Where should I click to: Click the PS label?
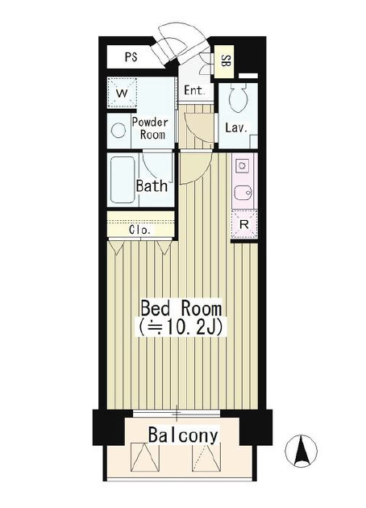[131, 57]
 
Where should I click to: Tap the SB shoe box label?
[224, 61]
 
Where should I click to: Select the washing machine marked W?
[122, 93]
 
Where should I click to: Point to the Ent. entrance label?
[194, 90]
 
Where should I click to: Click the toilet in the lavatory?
[238, 98]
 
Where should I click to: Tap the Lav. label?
[236, 127]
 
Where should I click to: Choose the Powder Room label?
[151, 128]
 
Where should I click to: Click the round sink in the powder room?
[119, 131]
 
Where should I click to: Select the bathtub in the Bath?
[123, 180]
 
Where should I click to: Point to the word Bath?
[152, 186]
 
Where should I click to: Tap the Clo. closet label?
[140, 230]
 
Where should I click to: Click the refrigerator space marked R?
[244, 224]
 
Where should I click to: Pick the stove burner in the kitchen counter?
[242, 167]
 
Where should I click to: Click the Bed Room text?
[181, 308]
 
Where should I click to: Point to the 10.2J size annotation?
[181, 328]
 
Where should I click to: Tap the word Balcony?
[183, 435]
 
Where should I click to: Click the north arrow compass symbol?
[302, 451]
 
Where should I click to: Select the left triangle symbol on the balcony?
[144, 457]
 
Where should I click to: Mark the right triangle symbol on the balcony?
[206, 457]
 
